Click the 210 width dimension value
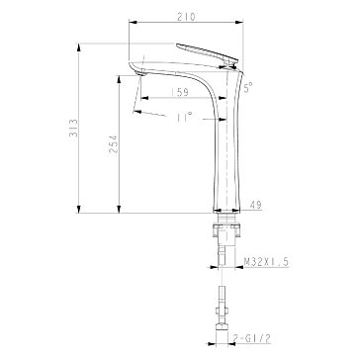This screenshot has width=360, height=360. (x=186, y=17)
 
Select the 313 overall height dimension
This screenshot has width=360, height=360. (x=74, y=128)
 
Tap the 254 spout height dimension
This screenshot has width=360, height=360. (x=114, y=143)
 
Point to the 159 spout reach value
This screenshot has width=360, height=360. (x=180, y=92)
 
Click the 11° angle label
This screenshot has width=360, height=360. (x=184, y=117)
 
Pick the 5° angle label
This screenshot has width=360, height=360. (x=248, y=87)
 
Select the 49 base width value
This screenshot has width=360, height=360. (x=256, y=205)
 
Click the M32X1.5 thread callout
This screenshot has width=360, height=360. (x=266, y=262)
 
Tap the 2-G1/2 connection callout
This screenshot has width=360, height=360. (x=252, y=338)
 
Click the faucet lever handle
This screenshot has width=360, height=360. (x=207, y=53)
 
